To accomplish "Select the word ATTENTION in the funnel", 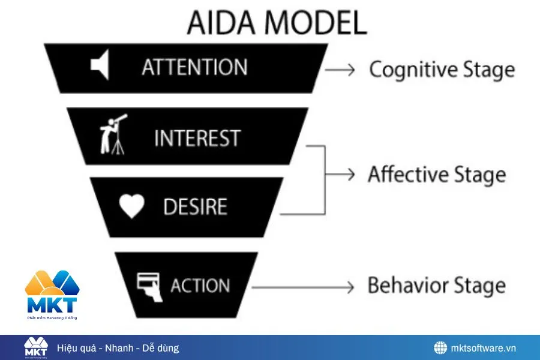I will pyautogui.click(x=194, y=67).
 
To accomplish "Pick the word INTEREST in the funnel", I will pyautogui.click(x=197, y=138).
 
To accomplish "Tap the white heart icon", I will pyautogui.click(x=131, y=207).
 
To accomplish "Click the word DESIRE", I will pyautogui.click(x=195, y=208).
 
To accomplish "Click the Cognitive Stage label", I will pyautogui.click(x=442, y=70).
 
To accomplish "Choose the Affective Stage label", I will pyautogui.click(x=437, y=175).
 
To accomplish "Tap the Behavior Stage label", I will pyautogui.click(x=436, y=285).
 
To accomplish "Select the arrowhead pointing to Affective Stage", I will pyautogui.click(x=352, y=175).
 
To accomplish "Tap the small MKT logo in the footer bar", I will pyautogui.click(x=35, y=347).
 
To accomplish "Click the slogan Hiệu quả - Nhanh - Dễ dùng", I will pyautogui.click(x=118, y=348).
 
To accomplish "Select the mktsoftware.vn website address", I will pyautogui.click(x=484, y=348).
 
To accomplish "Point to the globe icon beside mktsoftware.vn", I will pyautogui.click(x=441, y=348).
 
